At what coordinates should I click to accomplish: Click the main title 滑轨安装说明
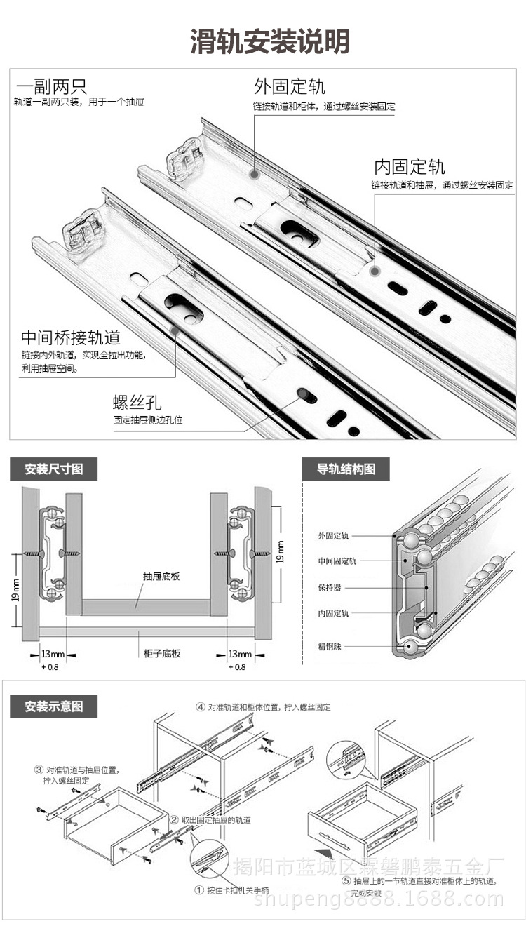coord(270,42)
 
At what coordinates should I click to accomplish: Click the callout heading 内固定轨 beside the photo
coord(409,167)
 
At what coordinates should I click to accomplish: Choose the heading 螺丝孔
coord(137,402)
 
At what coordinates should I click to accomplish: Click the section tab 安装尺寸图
coord(53,469)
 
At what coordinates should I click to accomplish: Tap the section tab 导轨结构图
coord(346,469)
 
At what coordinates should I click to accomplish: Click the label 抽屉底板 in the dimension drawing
coord(161,577)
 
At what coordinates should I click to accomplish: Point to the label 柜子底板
coord(162,653)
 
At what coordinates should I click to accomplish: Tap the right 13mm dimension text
coord(239,654)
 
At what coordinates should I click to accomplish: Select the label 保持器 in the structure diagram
coord(329,587)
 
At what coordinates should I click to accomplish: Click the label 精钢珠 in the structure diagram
coord(332,645)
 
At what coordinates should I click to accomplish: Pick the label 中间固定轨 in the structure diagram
coord(337,561)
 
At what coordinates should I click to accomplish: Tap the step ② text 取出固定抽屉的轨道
coord(210,820)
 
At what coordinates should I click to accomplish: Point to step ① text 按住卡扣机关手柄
coord(231,890)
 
